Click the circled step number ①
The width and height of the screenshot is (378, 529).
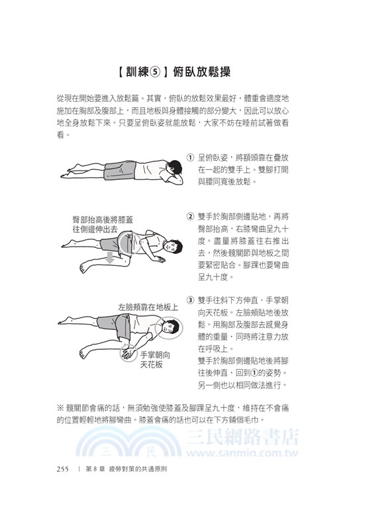point(190,158)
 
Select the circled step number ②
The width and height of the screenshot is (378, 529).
point(190,216)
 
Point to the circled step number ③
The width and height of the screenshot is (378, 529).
point(190,300)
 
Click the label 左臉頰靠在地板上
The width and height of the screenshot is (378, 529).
point(148,307)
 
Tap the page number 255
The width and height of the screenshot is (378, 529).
point(63,469)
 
